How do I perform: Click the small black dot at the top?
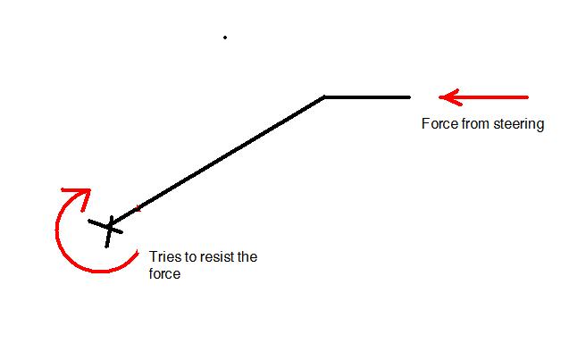(x=225, y=38)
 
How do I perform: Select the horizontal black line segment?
(x=367, y=97)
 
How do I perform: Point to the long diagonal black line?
(x=217, y=161)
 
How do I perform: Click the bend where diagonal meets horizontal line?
(x=324, y=97)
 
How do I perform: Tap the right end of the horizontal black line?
(x=410, y=97)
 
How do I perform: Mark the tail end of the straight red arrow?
(x=527, y=97)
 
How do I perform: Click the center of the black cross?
(x=110, y=227)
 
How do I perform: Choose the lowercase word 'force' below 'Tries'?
(x=164, y=273)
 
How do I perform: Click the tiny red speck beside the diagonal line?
(x=138, y=208)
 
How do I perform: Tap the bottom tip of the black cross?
(x=106, y=247)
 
